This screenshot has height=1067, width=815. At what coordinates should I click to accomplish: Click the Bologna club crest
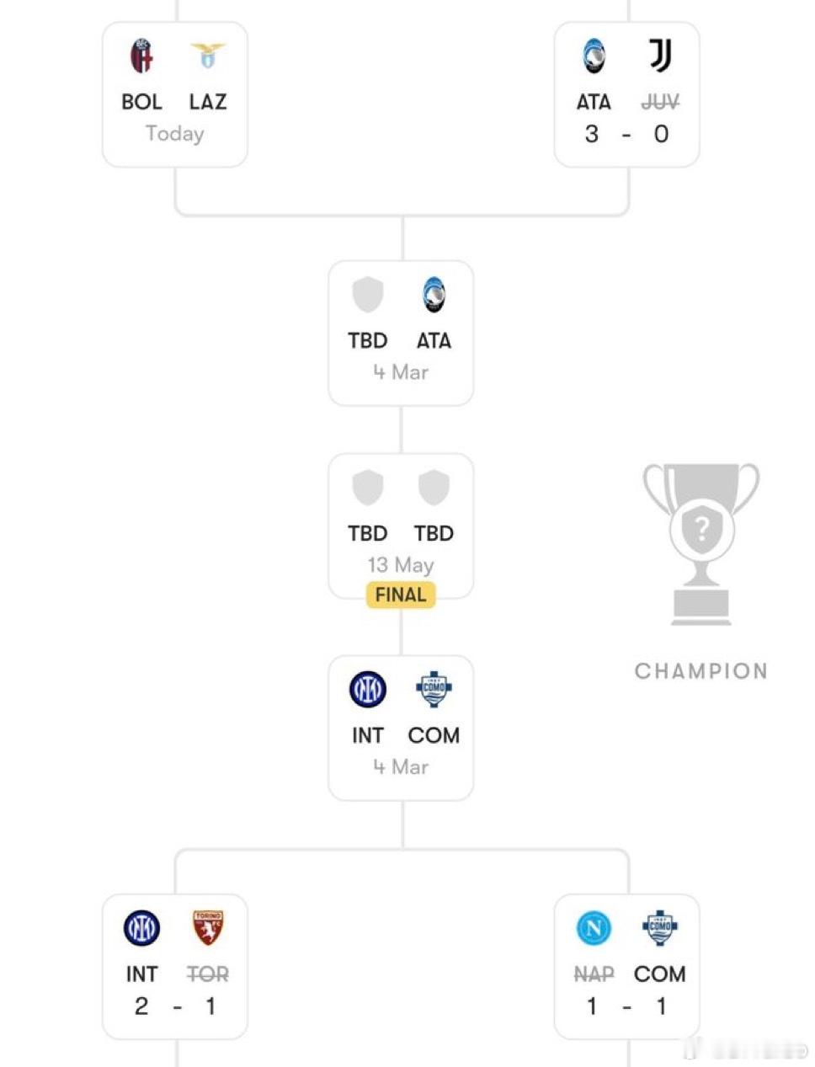pyautogui.click(x=141, y=56)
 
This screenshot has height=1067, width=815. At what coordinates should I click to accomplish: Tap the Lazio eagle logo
pyautogui.click(x=207, y=56)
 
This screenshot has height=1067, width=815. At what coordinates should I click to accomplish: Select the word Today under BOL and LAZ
pyautogui.click(x=174, y=133)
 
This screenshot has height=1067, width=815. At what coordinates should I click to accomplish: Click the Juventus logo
pyautogui.click(x=660, y=56)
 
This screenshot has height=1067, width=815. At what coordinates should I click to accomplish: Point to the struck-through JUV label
pyautogui.click(x=660, y=102)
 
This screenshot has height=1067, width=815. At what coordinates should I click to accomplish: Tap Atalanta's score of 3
pyautogui.click(x=592, y=133)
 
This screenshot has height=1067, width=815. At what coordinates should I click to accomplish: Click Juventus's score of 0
pyautogui.click(x=661, y=133)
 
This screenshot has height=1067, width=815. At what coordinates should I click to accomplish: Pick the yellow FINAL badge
pyautogui.click(x=401, y=595)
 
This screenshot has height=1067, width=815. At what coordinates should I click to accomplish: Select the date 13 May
pyautogui.click(x=401, y=564)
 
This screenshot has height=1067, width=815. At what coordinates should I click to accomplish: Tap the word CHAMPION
pyautogui.click(x=701, y=671)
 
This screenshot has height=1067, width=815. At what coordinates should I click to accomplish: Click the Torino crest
pyautogui.click(x=207, y=928)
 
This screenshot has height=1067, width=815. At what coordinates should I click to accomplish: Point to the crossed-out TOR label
pyautogui.click(x=207, y=974)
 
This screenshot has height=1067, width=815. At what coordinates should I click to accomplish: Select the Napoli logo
pyautogui.click(x=594, y=928)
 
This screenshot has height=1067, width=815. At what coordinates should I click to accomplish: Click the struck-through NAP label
pyautogui.click(x=594, y=974)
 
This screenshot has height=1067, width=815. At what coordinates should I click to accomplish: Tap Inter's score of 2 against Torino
pyautogui.click(x=141, y=1006)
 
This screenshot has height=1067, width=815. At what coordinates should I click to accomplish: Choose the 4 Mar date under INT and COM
pyautogui.click(x=401, y=766)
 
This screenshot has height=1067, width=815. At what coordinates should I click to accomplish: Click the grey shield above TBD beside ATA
pyautogui.click(x=367, y=296)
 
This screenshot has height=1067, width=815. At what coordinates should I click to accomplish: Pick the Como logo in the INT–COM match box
pyautogui.click(x=434, y=689)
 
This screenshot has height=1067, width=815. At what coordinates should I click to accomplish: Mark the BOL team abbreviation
pyautogui.click(x=141, y=102)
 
